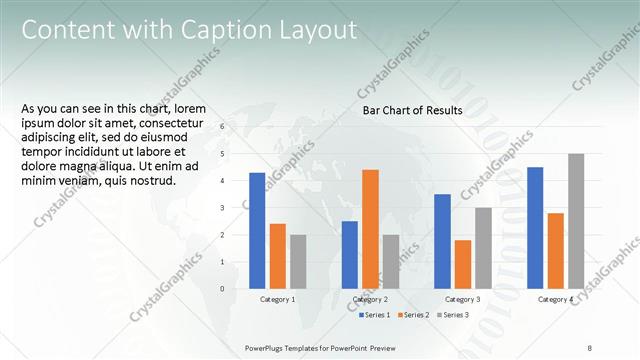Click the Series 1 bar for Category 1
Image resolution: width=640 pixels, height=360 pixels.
[x=257, y=230]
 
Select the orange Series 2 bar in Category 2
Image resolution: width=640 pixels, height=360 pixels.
[x=370, y=229]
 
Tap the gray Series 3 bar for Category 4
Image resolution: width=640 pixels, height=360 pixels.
[x=576, y=221]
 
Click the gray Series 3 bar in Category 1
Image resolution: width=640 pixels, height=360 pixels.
[x=298, y=262]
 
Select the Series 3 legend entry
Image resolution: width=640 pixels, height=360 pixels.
[x=452, y=315]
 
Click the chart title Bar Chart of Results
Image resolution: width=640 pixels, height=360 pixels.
[x=412, y=110]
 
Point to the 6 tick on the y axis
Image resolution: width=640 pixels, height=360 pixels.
[x=223, y=127]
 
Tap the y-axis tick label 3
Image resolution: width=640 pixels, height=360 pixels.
[x=223, y=208]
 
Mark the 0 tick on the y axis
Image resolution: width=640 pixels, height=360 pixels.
[x=223, y=289]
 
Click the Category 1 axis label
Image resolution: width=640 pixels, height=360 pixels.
[x=277, y=299]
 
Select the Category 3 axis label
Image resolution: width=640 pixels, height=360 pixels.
[x=463, y=299]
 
